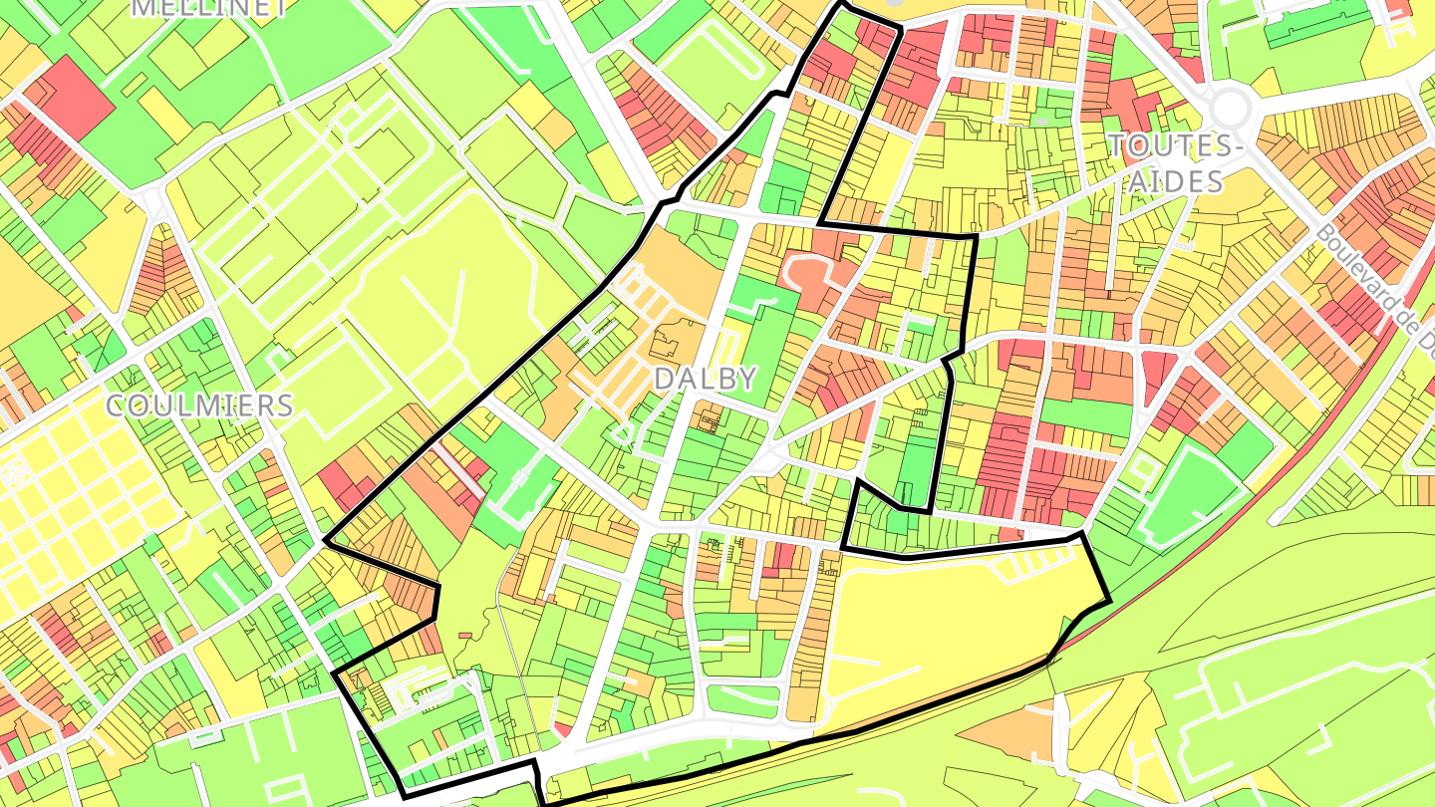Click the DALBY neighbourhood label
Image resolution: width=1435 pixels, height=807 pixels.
click(x=706, y=379)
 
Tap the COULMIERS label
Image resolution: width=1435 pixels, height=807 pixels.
click(x=199, y=405)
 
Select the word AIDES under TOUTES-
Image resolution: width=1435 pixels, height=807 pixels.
click(x=1177, y=181)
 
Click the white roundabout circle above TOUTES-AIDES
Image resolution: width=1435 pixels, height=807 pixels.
click(x=1231, y=106)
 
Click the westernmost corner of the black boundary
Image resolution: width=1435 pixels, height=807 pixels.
click(x=326, y=543)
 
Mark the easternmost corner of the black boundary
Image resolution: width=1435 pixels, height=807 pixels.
click(x=1109, y=601)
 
